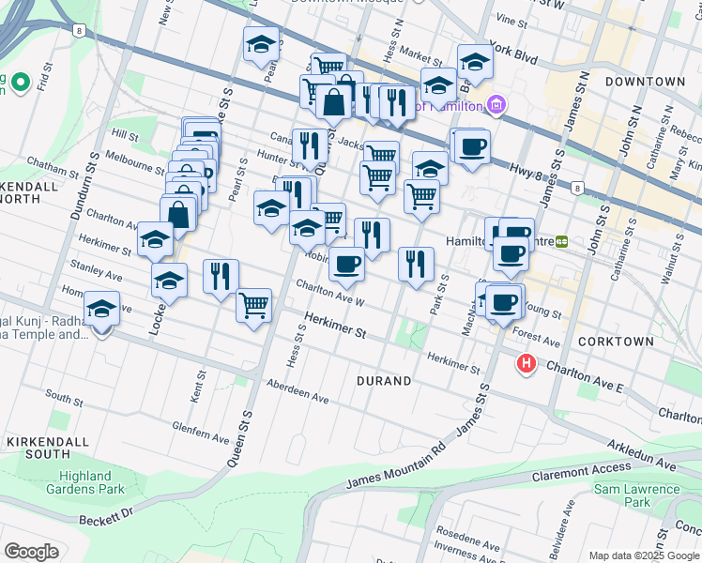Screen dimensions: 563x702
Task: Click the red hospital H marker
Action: point(526,363)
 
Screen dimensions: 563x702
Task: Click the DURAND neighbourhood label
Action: point(384,381)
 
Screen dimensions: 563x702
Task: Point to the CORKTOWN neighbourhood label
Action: point(611,343)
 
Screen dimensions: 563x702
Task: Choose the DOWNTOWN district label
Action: point(645,82)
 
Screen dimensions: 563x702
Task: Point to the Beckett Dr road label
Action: point(108,516)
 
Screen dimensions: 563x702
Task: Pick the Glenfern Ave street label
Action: point(201,432)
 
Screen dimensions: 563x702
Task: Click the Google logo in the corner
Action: point(31,552)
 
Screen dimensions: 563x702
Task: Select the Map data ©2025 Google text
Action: point(644,555)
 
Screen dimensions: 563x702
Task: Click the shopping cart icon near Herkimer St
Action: point(253,304)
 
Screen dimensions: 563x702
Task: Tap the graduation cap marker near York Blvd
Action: point(475,62)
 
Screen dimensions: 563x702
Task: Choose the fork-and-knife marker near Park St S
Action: point(416,263)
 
